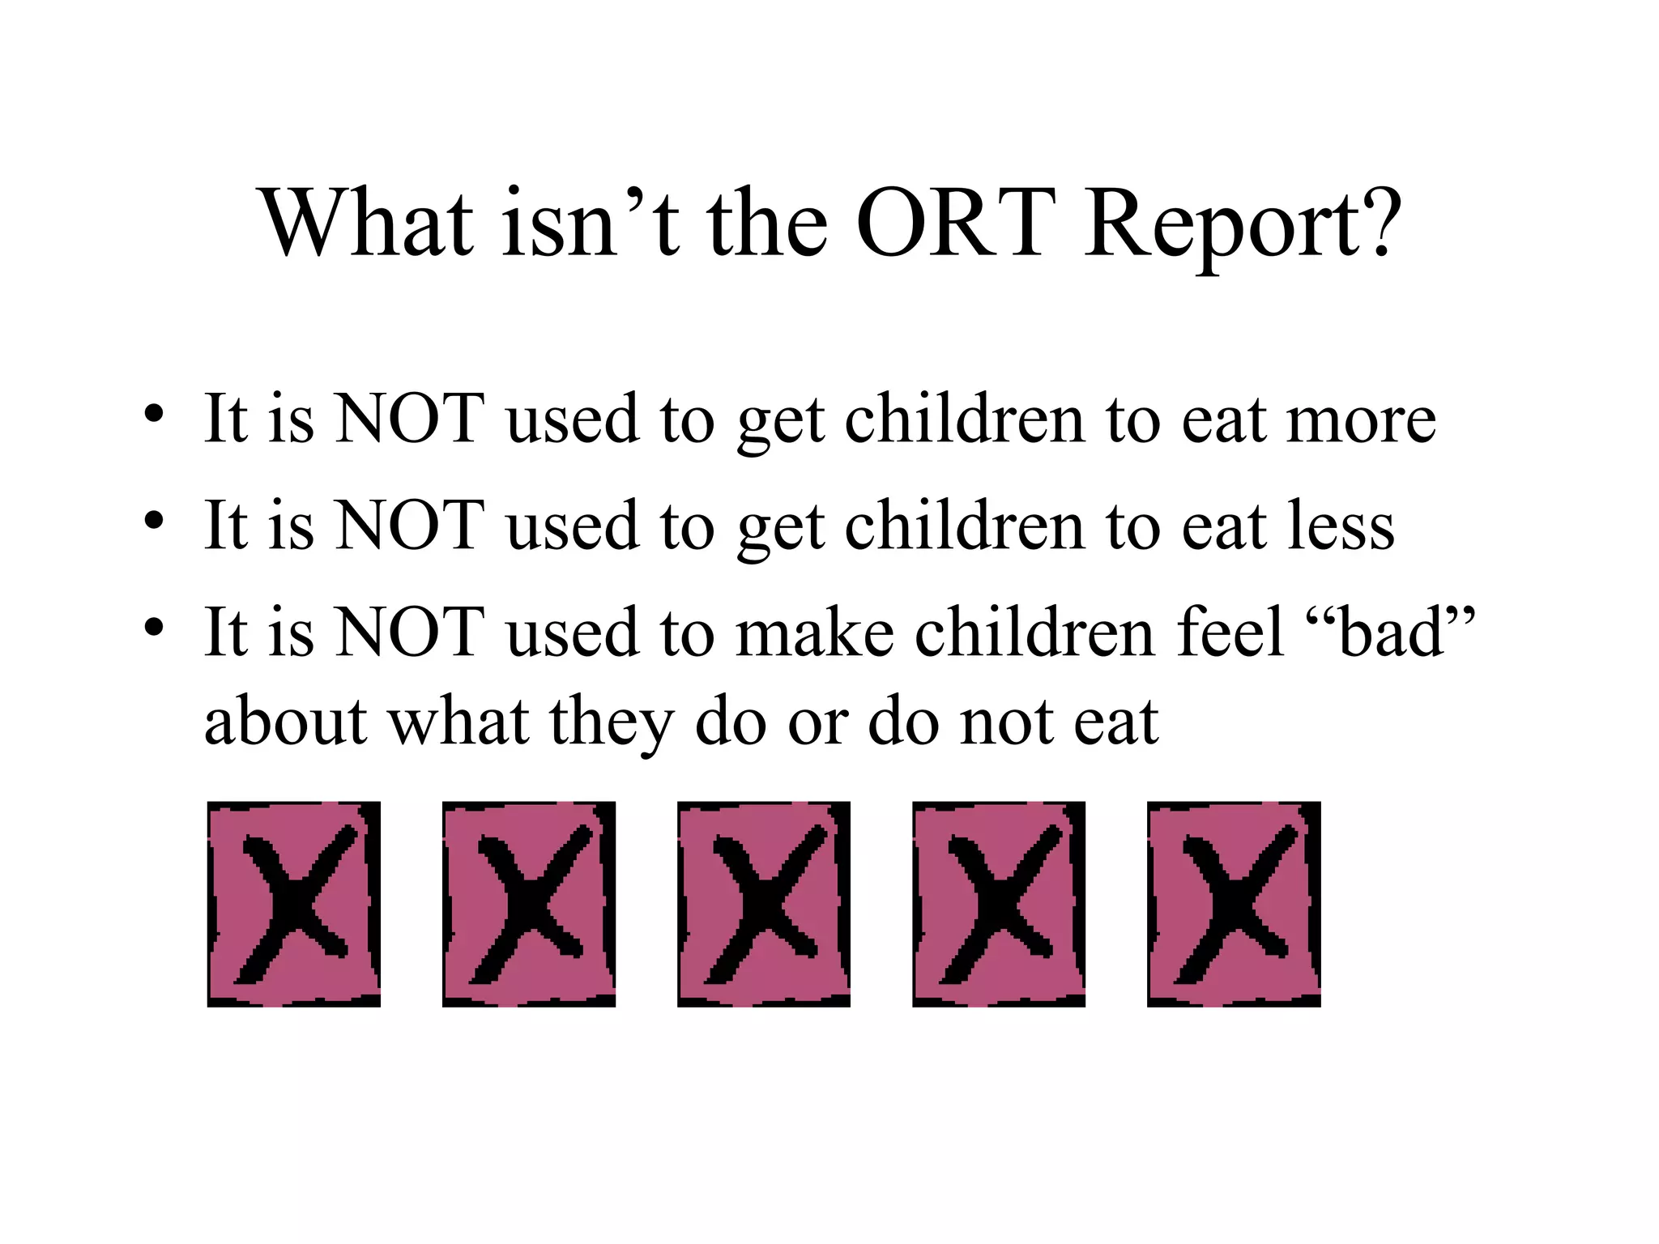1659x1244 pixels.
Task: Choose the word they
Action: [612, 723]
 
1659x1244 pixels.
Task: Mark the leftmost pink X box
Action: [294, 904]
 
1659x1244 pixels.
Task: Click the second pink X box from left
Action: [529, 904]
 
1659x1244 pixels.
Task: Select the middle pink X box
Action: [764, 904]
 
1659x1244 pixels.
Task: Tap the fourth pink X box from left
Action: [999, 904]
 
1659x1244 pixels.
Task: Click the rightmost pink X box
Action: [1234, 904]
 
